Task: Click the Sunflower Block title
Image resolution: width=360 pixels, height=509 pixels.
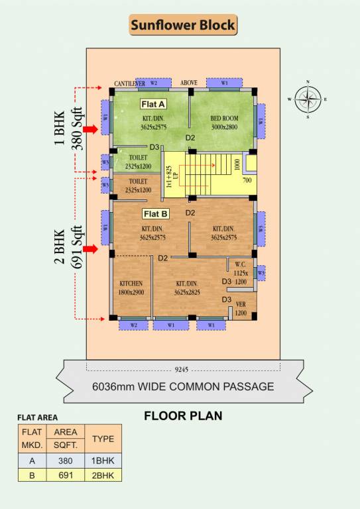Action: pyautogui.click(x=182, y=25)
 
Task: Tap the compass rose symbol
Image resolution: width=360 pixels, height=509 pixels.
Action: pyautogui.click(x=307, y=99)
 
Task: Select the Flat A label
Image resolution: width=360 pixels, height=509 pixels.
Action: pyautogui.click(x=152, y=104)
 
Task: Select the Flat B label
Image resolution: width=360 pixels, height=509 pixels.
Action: pyautogui.click(x=156, y=214)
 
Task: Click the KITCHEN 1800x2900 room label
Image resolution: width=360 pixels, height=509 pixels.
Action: pyautogui.click(x=131, y=287)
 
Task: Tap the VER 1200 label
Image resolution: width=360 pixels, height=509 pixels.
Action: pyautogui.click(x=241, y=310)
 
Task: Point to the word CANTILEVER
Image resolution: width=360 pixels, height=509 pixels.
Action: pyautogui.click(x=130, y=84)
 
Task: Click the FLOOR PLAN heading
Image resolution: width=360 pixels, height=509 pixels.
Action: pyautogui.click(x=183, y=416)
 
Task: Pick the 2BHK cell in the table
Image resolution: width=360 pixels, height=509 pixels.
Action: pyautogui.click(x=103, y=475)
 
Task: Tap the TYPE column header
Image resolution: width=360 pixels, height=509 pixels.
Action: pyautogui.click(x=103, y=439)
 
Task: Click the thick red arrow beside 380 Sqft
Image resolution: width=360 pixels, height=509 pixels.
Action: pyautogui.click(x=90, y=131)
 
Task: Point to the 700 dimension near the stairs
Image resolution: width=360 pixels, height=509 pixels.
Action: pyautogui.click(x=247, y=180)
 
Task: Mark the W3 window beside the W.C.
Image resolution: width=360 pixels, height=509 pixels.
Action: pyautogui.click(x=261, y=272)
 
